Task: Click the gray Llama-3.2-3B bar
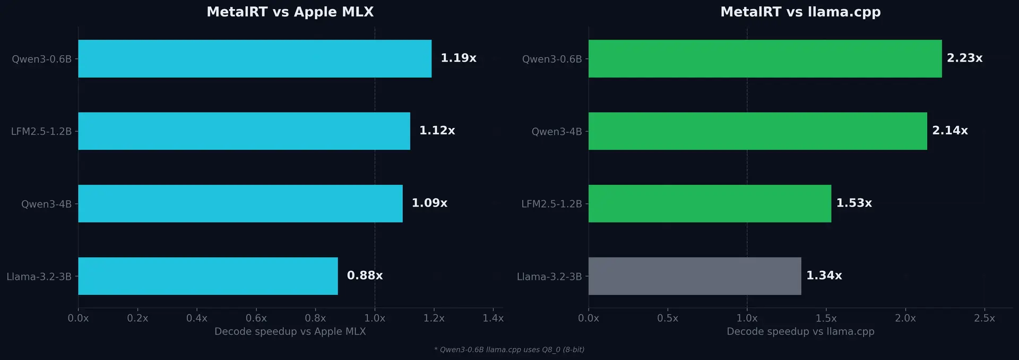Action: [694, 276]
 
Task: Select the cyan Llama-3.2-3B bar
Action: [208, 276]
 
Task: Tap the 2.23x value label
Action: [964, 58]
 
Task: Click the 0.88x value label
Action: [365, 275]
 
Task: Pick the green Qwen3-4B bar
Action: [757, 131]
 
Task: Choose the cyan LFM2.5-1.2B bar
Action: [244, 131]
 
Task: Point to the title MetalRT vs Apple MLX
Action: [290, 12]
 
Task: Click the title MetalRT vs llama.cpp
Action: [800, 12]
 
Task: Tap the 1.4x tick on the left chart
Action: [493, 318]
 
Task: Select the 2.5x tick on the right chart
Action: [984, 318]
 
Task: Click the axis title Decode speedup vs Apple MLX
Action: [290, 331]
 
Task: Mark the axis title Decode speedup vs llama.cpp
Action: [800, 331]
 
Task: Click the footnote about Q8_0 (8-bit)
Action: [509, 349]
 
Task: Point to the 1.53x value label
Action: [853, 203]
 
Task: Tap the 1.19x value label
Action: [458, 58]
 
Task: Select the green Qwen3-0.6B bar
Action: [765, 58]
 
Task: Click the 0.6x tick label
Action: [256, 318]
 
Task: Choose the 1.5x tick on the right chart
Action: [826, 318]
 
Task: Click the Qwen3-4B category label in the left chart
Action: [46, 204]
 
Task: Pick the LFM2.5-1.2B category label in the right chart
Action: [551, 204]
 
